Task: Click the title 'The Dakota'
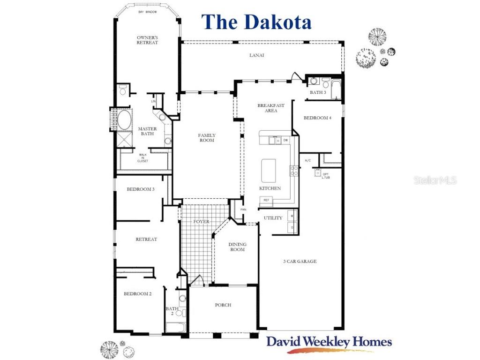click(x=256, y=22)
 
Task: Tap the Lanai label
click(x=256, y=55)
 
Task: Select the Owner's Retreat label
click(x=147, y=40)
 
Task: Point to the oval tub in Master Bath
click(x=124, y=120)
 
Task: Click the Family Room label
click(x=207, y=138)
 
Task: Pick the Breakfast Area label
click(x=271, y=108)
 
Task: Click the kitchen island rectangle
click(x=268, y=169)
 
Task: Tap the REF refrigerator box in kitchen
click(x=266, y=200)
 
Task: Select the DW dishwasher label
click(x=285, y=140)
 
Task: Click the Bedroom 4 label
click(x=317, y=118)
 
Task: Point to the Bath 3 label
click(x=318, y=92)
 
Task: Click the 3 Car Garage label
click(x=300, y=262)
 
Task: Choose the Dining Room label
click(x=237, y=247)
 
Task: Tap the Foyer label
click(x=201, y=222)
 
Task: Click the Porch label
click(x=223, y=305)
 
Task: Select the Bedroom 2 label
click(x=137, y=294)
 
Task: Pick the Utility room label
click(x=273, y=218)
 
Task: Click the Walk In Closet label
click(x=143, y=158)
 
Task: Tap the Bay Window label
click(x=147, y=12)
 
